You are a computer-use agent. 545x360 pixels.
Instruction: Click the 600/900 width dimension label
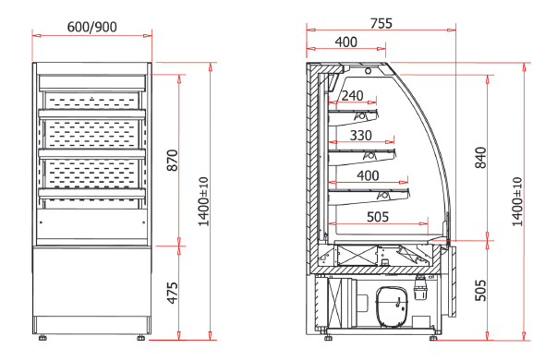(x=92, y=27)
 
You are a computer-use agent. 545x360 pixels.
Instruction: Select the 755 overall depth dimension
(x=381, y=23)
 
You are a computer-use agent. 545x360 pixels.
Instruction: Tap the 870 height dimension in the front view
(x=173, y=161)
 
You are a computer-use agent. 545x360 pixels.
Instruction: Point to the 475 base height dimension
(x=173, y=293)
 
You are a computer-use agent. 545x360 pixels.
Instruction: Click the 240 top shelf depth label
(x=353, y=96)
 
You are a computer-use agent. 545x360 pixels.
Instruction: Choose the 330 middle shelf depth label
(x=361, y=135)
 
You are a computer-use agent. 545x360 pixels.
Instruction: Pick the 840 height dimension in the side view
(x=480, y=158)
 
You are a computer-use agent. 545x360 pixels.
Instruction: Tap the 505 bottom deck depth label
(x=378, y=217)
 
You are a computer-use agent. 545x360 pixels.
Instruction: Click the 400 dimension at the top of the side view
(x=346, y=42)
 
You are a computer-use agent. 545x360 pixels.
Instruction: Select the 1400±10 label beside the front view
(x=203, y=201)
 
